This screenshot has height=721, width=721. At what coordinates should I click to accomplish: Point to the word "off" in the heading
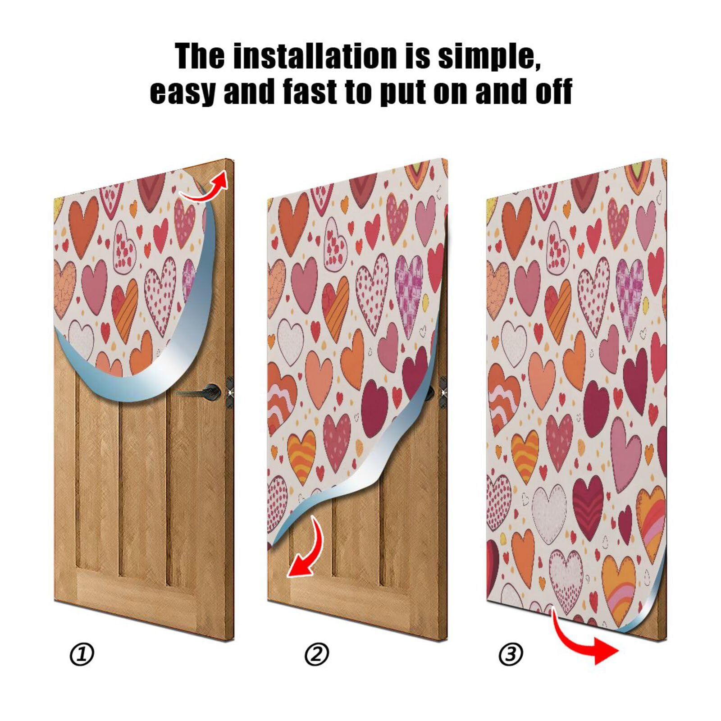[x=553, y=91]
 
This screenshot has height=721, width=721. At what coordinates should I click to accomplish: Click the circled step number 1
[x=82, y=654]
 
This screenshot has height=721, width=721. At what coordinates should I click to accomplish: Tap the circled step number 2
[x=317, y=654]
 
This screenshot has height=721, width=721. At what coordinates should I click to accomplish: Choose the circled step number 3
[x=511, y=654]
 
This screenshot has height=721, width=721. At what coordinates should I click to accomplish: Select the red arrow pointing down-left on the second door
[x=305, y=550]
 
